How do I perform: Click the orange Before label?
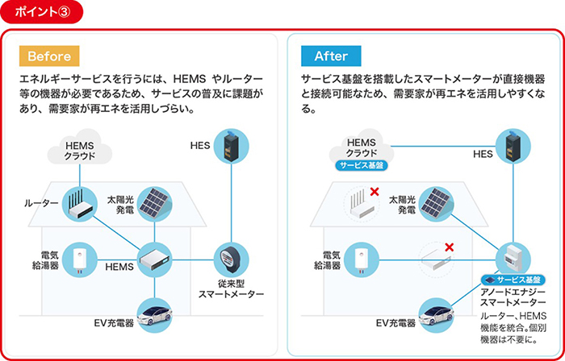pyautogui.click(x=49, y=56)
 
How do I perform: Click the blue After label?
pyautogui.click(x=330, y=56)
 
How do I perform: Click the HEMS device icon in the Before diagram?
pyautogui.click(x=153, y=259)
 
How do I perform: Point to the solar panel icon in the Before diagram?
pyautogui.click(x=153, y=203)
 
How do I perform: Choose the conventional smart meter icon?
pyautogui.click(x=231, y=259)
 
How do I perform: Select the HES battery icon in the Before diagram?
pyautogui.click(x=231, y=146)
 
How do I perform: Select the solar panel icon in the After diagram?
pyautogui.click(x=435, y=204)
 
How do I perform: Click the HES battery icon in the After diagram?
pyautogui.click(x=513, y=146)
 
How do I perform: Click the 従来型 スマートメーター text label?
pyautogui.click(x=230, y=288)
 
